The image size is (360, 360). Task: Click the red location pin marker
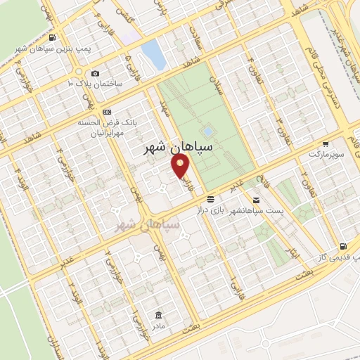tap(181, 166)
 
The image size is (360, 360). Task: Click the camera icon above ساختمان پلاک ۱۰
tap(96, 73)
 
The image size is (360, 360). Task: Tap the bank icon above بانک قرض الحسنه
tap(107, 112)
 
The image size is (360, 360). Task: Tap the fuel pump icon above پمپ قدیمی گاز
tap(342, 247)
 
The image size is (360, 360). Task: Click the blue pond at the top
tap(150, 51)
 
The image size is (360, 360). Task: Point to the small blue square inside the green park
tap(207, 131)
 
